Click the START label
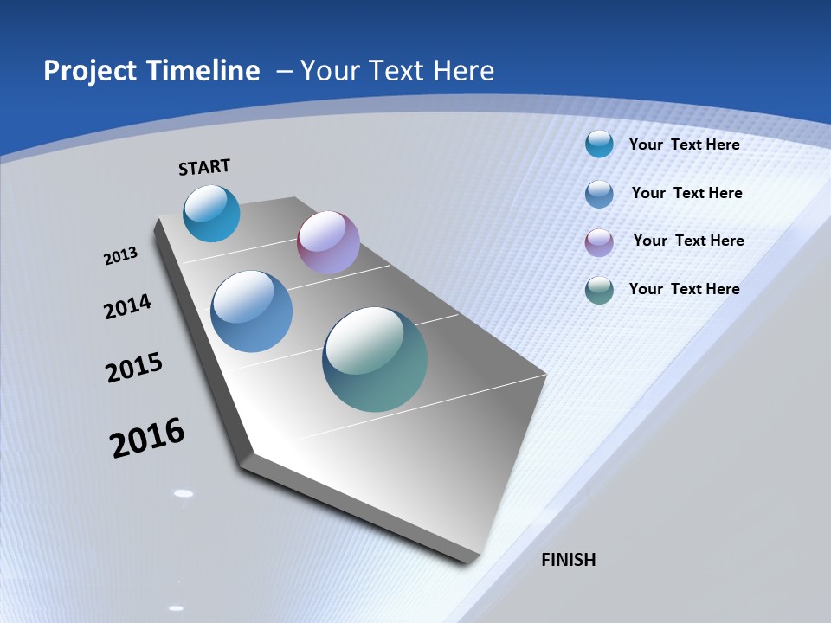coord(204,167)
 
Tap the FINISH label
coord(568,560)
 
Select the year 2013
coord(121,256)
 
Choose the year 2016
coord(147,437)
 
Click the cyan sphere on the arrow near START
coord(211,213)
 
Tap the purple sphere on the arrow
coord(328,242)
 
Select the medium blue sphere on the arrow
coord(251,311)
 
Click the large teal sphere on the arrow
coord(375,359)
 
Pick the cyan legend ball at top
coord(599,144)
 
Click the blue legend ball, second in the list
coord(599,193)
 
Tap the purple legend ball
coord(599,241)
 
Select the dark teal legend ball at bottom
coord(599,289)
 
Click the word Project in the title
coord(90,71)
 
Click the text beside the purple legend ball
coord(688,241)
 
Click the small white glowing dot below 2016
coord(184,493)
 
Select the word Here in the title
coord(463,71)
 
